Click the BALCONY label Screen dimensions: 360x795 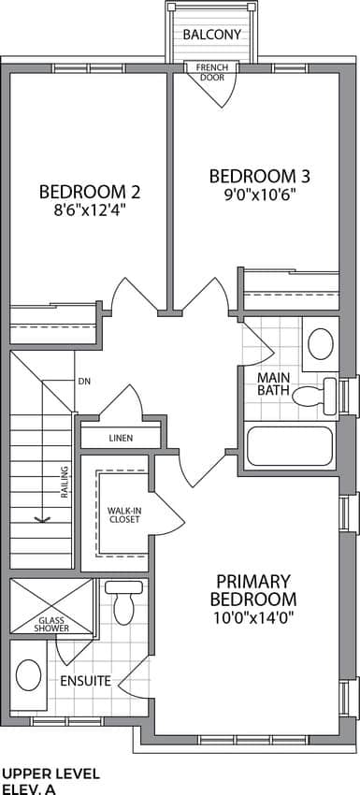pos(211,35)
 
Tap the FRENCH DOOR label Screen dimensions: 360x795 pos(212,72)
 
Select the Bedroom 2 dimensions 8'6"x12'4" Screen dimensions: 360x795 pos(90,210)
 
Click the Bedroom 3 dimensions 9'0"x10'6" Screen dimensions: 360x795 pos(260,194)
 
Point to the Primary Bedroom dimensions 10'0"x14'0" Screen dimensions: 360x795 pos(253,617)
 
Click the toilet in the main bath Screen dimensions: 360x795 pos(314,393)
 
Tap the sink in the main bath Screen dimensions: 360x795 pos(321,344)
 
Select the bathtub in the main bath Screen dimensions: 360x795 pos(290,446)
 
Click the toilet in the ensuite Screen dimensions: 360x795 pos(123,603)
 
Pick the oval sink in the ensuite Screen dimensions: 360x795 pos(28,675)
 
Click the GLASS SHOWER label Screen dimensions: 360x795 pos(51,624)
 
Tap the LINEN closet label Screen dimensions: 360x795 pos(121,438)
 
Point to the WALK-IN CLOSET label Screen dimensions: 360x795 pos(123,515)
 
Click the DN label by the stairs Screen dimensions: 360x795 pos(84,382)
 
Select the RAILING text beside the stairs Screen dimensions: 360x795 pos(65,481)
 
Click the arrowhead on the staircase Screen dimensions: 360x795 pos(42,519)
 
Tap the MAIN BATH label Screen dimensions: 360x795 pos(273,384)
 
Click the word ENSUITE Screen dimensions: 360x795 pos(86,681)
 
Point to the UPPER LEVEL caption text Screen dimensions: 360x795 pos(51,773)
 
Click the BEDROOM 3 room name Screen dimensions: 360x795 pos(260,177)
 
